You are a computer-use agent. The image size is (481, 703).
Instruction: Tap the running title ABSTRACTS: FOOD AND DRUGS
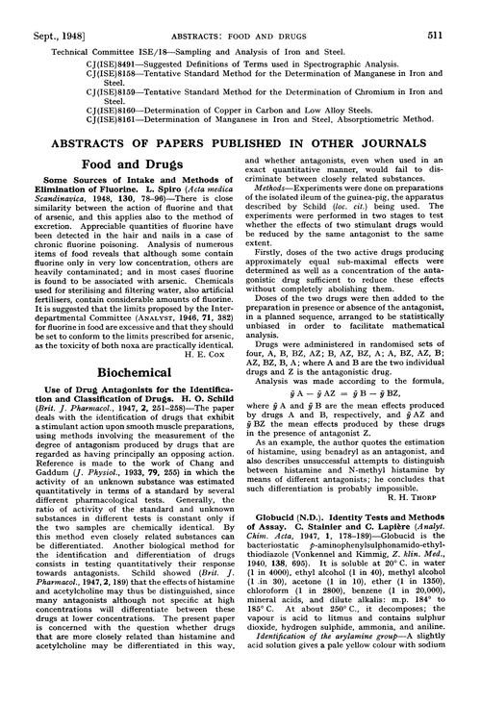(240, 11)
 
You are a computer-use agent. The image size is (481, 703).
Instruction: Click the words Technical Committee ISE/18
(82, 32)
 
